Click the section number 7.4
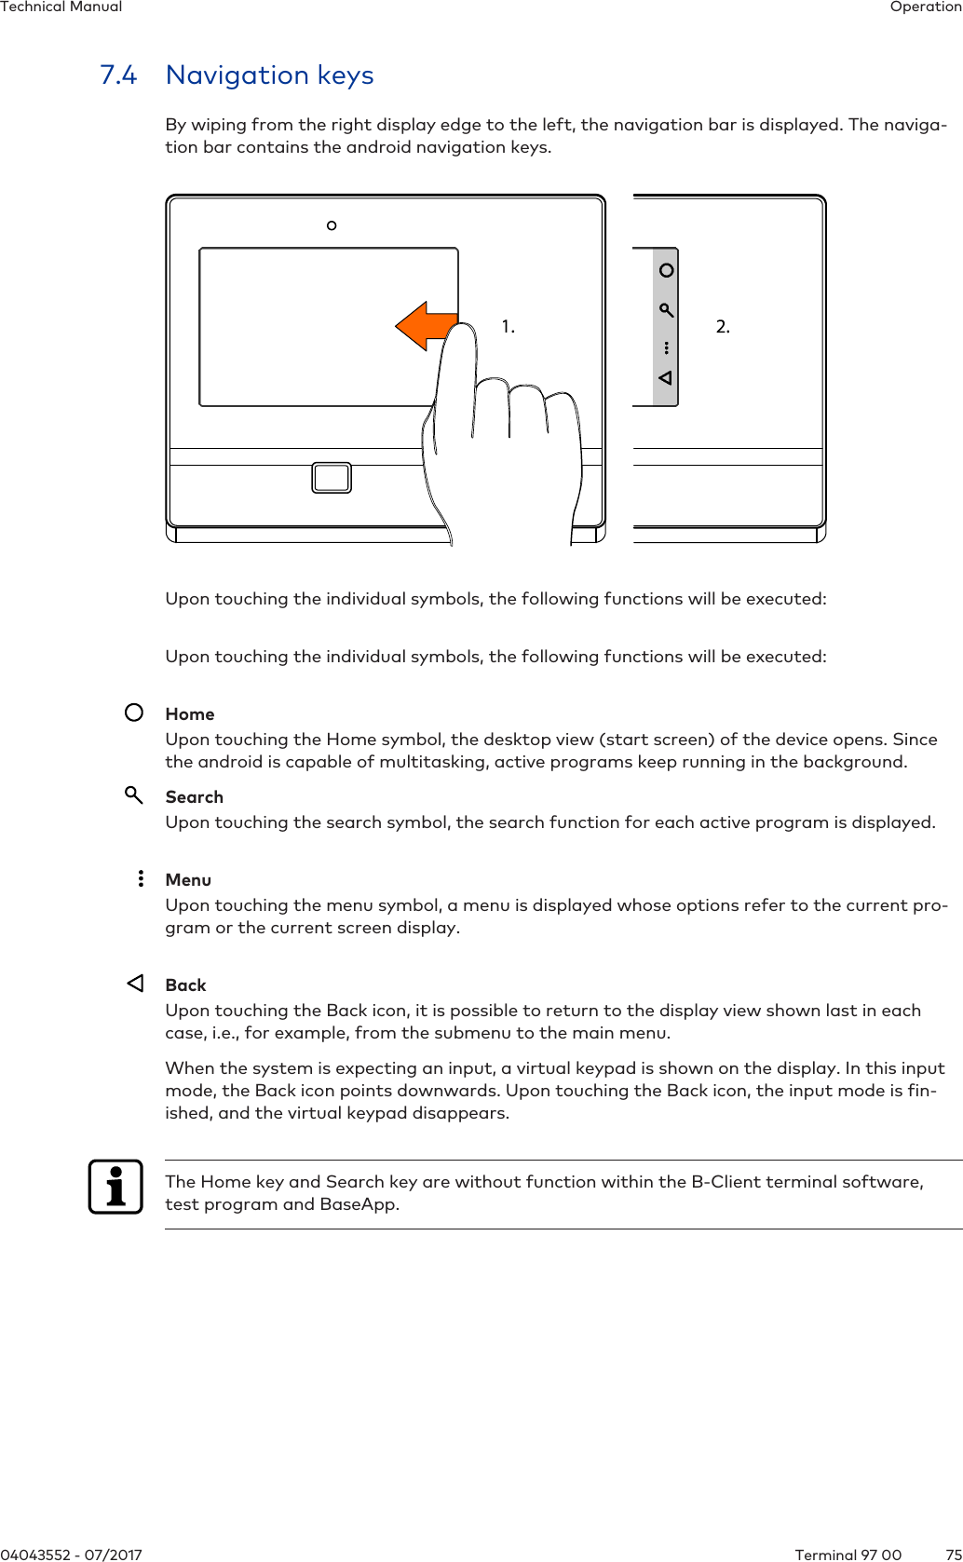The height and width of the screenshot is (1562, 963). pos(118,75)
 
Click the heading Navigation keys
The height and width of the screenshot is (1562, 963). pos(269,75)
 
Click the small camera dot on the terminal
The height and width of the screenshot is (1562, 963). pos(332,225)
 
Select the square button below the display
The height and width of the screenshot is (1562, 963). pos(332,478)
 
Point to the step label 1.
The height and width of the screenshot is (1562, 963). pos(508,327)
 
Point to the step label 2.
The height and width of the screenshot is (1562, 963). pos(723,327)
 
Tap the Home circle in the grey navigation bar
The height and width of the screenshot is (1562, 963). pos(666,270)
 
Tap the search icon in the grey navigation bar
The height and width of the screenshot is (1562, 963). pos(666,310)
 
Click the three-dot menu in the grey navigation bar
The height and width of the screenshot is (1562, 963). pos(667,348)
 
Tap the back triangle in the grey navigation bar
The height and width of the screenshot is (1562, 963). pos(665,378)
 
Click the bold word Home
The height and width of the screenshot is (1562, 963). pos(190,714)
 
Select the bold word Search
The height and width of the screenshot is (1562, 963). pos(194,797)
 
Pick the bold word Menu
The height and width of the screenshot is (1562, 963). pos(188,880)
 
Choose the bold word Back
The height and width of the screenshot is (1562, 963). pos(185,985)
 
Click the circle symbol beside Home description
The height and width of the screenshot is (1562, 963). pos(134,713)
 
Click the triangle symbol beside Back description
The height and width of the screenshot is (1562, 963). pos(136,984)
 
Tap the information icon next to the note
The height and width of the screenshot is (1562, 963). pos(115,1187)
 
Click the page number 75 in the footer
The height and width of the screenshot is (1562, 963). pos(953,1555)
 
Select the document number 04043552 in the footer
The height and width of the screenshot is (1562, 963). pos(35,1555)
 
